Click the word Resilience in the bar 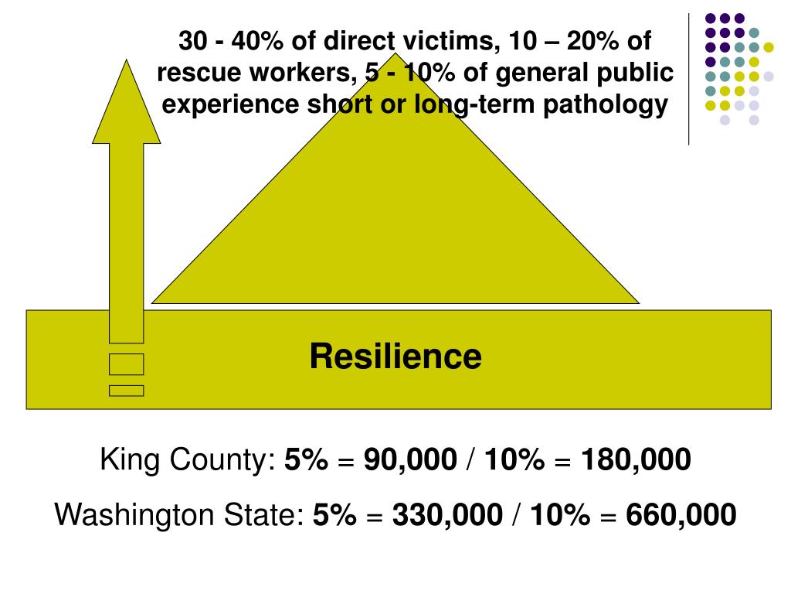395,357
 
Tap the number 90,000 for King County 410,461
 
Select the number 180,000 636,461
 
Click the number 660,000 681,514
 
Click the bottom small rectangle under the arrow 126,391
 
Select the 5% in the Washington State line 334,514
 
